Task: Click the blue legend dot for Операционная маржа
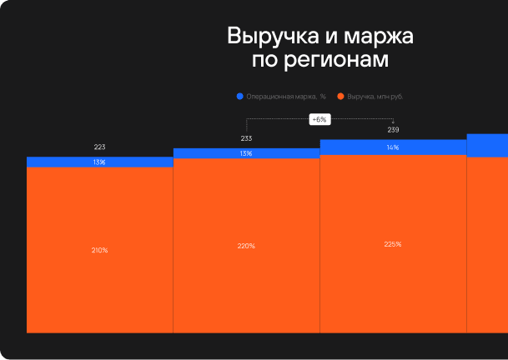tap(240, 97)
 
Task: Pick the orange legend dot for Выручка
tap(341, 97)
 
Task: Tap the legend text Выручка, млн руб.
tap(381, 97)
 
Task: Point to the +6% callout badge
tap(319, 119)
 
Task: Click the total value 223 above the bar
tap(99, 147)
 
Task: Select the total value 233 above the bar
tap(246, 138)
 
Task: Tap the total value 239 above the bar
tap(393, 129)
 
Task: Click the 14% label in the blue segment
tap(393, 147)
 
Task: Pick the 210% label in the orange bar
tap(99, 250)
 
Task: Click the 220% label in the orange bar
tap(246, 246)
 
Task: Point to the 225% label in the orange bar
tap(393, 244)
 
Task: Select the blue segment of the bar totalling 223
tap(58, 162)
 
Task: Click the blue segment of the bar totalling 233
tap(209, 153)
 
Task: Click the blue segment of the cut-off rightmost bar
tap(487, 145)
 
